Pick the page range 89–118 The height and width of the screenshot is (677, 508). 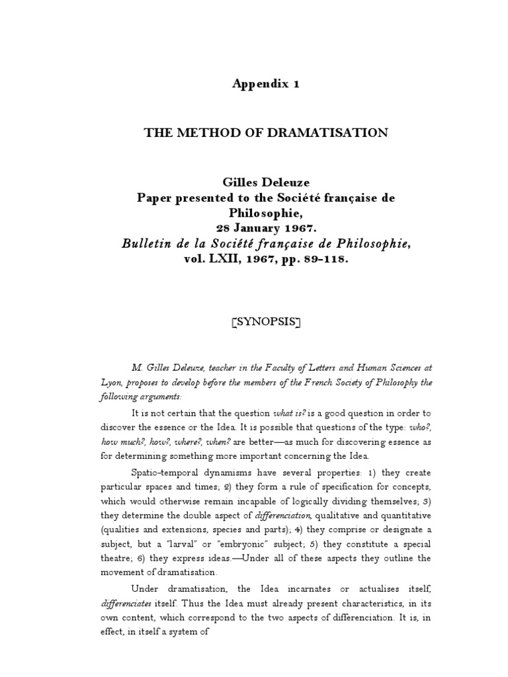pyautogui.click(x=323, y=260)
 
